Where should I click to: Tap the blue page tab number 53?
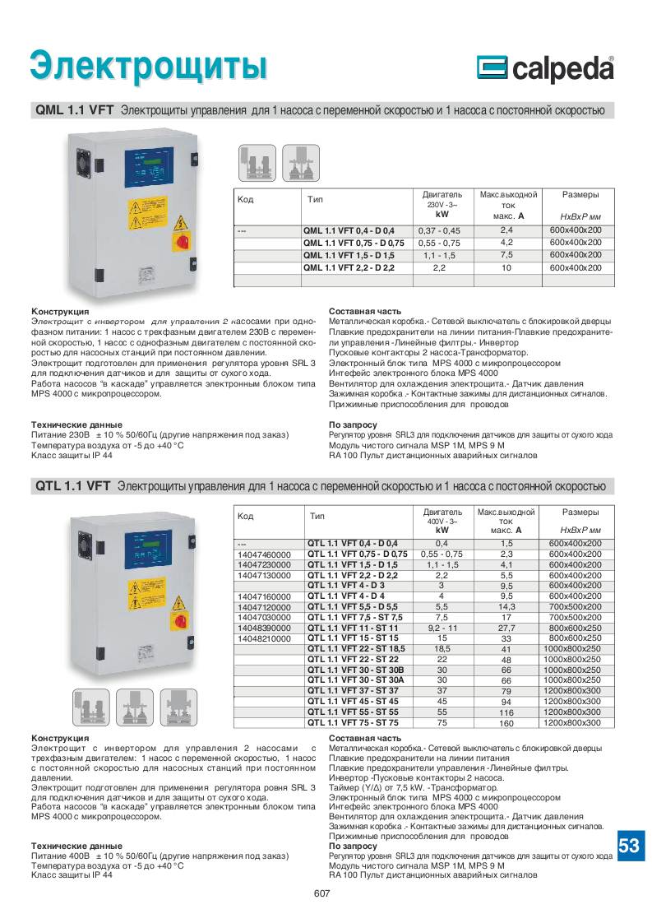629,846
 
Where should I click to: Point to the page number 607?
321,894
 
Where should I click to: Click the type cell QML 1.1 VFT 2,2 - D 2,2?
349,268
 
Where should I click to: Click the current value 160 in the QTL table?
506,723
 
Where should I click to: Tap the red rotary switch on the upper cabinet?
180,240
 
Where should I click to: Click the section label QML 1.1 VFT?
75,109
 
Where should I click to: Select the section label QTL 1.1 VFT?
73,486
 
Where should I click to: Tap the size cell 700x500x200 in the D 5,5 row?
575,605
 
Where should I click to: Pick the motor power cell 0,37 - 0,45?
440,230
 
